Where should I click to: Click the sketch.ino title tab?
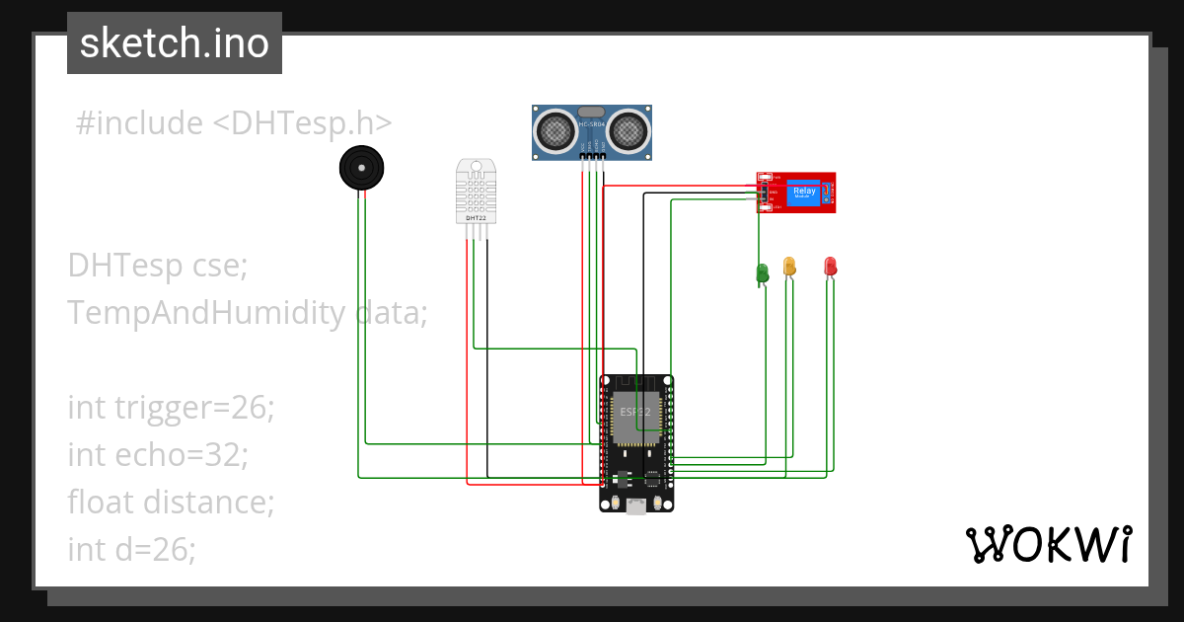click(174, 43)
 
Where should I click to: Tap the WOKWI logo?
click(1047, 544)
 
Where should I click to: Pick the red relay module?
click(796, 193)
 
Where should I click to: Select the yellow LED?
click(789, 266)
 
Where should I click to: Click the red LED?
click(830, 266)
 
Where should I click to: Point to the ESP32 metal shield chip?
click(635, 419)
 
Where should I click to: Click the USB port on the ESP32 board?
click(636, 505)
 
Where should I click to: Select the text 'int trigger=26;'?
click(171, 407)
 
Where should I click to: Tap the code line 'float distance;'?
click(171, 502)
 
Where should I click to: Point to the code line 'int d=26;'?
click(131, 549)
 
